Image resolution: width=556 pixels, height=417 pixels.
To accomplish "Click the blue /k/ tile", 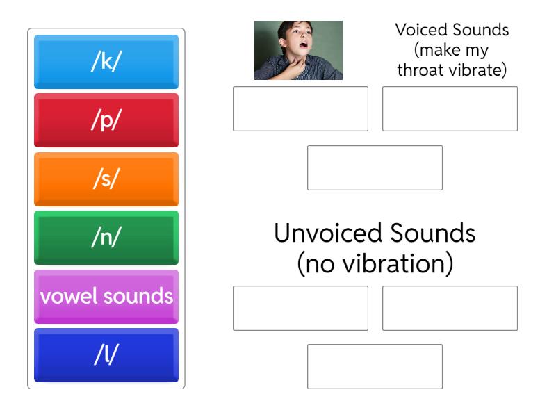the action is point(106,62).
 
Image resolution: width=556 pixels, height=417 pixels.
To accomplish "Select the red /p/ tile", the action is point(106,120).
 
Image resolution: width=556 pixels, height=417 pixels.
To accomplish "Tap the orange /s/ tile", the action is point(106,179).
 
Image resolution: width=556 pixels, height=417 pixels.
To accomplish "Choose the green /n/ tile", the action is point(106,238).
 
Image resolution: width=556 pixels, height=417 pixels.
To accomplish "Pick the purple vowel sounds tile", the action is point(106,297).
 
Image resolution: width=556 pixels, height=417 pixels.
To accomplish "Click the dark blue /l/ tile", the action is point(106,355).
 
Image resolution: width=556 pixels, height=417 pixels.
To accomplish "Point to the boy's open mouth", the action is point(304,45).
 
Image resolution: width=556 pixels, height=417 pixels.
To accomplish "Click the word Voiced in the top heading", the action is point(421,30).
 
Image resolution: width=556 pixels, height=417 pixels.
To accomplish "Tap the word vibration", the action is point(393,264).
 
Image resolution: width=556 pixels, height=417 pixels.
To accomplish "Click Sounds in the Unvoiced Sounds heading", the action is point(433,233).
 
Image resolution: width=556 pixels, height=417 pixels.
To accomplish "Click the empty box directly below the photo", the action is point(300,109).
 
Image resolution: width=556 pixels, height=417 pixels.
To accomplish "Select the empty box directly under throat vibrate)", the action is point(450,109).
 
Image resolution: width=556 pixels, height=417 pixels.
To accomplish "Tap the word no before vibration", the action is point(320,265).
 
